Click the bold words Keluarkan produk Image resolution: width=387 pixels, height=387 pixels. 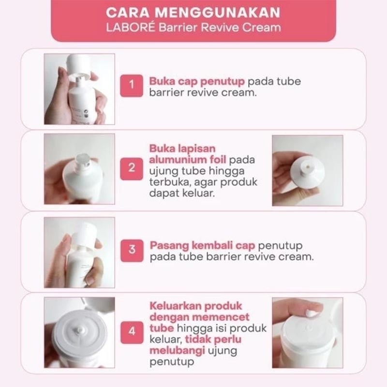[x=195, y=306]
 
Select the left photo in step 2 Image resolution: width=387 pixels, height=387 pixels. [x=79, y=169]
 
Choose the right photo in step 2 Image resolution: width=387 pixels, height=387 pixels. [x=307, y=170]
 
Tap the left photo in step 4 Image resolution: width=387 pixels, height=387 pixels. [x=79, y=332]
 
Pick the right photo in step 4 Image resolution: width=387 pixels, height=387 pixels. [x=307, y=332]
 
